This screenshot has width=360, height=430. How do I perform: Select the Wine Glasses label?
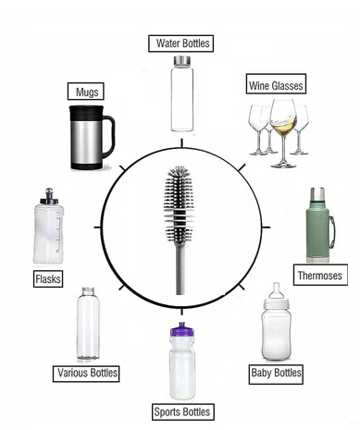coord(276,86)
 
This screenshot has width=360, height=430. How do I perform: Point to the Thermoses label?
coord(319,276)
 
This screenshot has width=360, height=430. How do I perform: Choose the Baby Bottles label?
coord(276,373)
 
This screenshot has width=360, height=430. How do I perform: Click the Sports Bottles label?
coord(181,412)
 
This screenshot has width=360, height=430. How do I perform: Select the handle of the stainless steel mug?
coord(106,135)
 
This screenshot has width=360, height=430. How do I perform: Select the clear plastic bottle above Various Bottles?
coord(88,324)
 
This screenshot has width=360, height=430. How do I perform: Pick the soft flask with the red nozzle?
coord(48,227)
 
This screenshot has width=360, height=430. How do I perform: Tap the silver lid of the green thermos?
coord(316,195)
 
